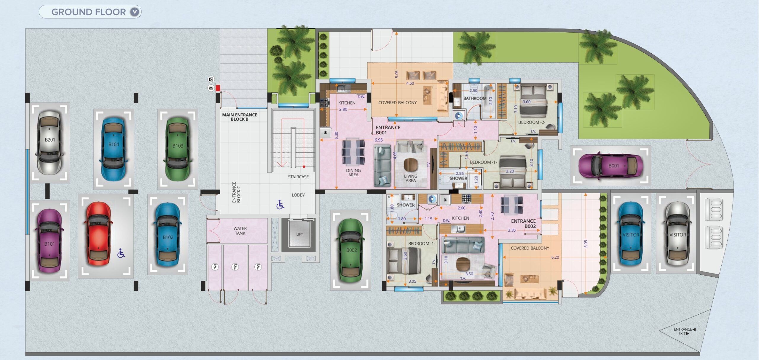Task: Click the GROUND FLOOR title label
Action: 88,12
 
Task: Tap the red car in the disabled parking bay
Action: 98,234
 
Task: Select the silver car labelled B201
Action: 50,142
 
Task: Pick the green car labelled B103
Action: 178,148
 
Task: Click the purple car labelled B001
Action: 610,166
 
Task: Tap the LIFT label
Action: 299,234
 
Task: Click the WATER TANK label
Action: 240,231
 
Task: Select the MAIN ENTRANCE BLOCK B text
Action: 240,117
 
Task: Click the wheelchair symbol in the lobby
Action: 280,204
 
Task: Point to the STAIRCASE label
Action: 298,177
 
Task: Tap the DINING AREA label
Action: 353,172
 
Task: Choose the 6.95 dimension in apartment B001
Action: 379,140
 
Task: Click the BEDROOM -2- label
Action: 532,122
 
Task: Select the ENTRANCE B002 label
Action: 523,223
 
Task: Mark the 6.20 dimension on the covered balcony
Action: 555,257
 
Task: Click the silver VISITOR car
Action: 677,234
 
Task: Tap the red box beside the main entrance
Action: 218,88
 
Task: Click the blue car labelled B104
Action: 114,149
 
